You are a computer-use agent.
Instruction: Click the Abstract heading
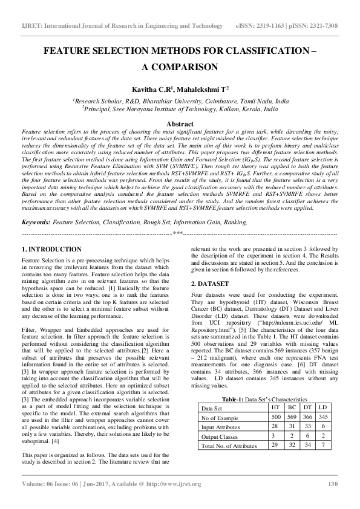pyautogui.click(x=179, y=123)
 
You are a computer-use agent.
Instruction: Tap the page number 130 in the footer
pyautogui.click(x=332, y=484)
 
